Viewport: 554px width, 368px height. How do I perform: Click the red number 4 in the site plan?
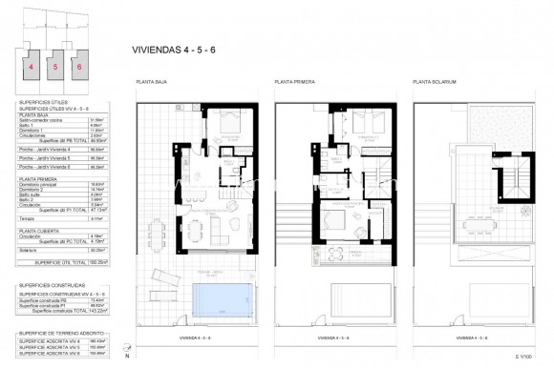pos(32,68)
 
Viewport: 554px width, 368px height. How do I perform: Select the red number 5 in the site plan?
pos(55,68)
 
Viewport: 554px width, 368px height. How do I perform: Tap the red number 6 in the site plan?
pos(79,68)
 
